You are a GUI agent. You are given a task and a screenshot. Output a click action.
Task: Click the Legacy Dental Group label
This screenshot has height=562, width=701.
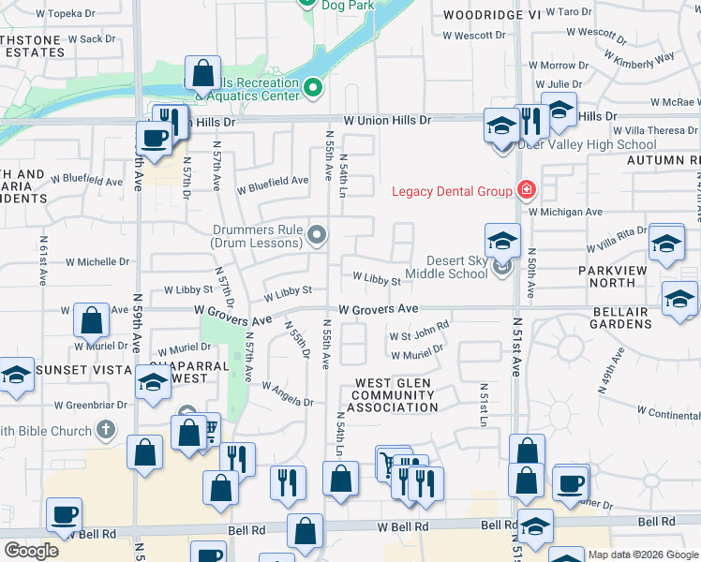coord(452,192)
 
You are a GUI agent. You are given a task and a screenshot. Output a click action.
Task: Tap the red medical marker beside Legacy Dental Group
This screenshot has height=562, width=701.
coord(526,191)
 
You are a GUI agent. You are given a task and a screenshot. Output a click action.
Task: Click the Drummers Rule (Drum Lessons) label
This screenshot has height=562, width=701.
coord(256,236)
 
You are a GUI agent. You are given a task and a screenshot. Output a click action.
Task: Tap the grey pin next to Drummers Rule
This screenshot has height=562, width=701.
coord(318,235)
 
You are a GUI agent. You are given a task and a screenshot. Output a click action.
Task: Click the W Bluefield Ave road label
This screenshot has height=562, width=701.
coord(271,181)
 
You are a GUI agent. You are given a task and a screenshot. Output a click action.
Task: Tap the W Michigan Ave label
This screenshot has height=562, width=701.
coord(565,212)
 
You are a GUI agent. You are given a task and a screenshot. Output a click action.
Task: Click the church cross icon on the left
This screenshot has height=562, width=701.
coord(106,431)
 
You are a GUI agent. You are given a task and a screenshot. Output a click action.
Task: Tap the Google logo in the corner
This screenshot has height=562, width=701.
coord(31,551)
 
